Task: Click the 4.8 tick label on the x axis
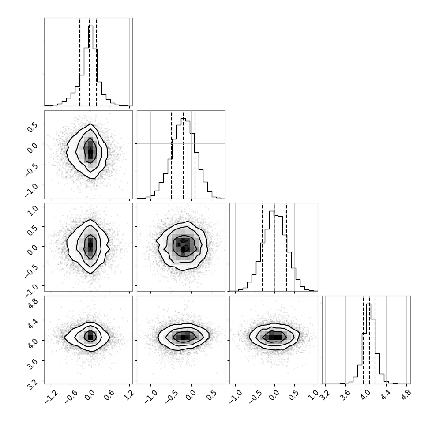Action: pos(406,395)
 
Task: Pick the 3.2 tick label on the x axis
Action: pos(325,395)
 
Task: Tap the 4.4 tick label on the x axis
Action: pos(386,395)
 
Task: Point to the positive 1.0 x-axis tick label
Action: pos(314,395)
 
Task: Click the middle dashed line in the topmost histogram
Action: pos(90,62)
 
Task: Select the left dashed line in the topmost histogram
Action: pos(80,62)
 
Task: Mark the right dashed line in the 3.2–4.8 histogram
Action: pos(375,340)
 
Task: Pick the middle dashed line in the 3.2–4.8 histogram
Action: pos(369,340)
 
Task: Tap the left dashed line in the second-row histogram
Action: pos(171,155)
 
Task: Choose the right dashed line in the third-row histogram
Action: pos(286,247)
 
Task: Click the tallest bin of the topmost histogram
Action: pos(90,66)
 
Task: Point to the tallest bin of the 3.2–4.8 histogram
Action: pos(368,344)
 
